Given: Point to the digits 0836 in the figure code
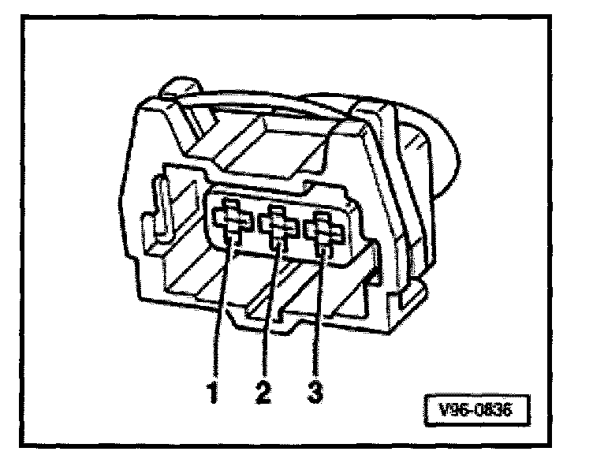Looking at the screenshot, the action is click(x=495, y=410).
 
